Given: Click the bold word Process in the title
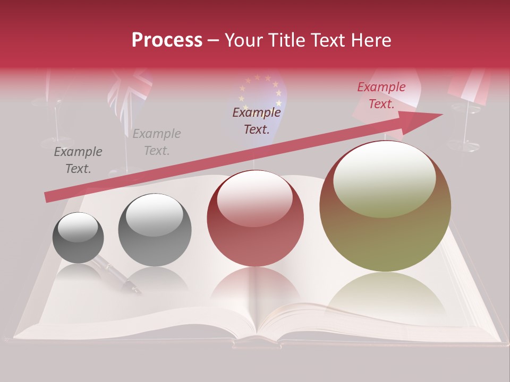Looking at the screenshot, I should point(167,40).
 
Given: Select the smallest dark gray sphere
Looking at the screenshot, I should point(78,238).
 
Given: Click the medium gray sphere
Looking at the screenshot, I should point(155,230).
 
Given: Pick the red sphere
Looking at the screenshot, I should point(255,218).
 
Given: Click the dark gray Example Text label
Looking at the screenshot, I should point(78,160).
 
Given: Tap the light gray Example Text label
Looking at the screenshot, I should point(156,142).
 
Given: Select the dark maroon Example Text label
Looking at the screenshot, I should point(257,120).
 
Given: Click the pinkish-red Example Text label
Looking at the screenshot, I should point(381,95).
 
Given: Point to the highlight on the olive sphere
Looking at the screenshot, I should point(384,179).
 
